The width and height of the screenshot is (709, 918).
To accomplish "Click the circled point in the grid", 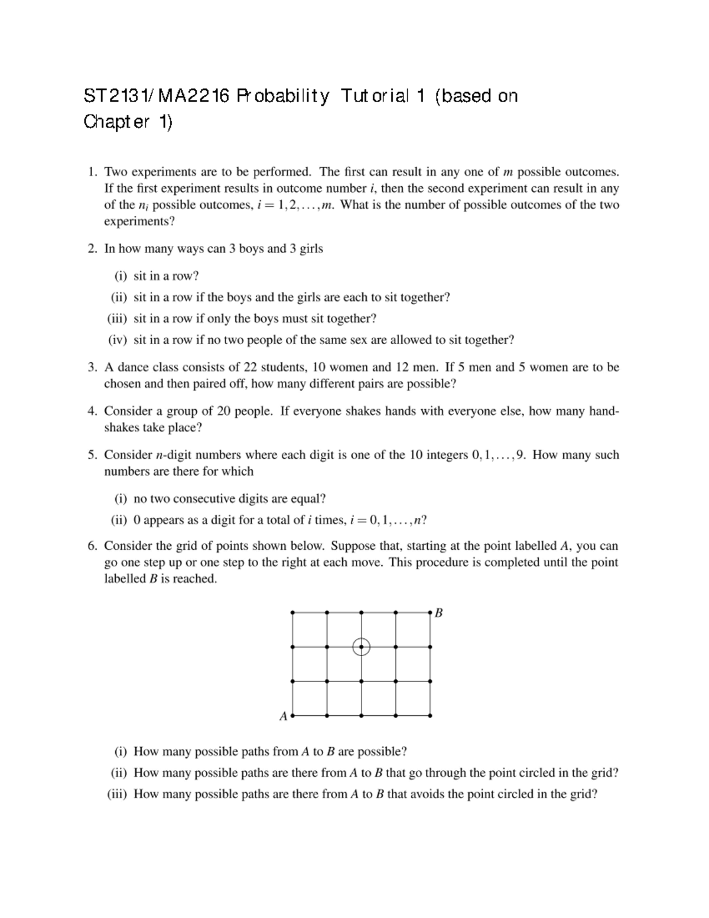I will (361, 647).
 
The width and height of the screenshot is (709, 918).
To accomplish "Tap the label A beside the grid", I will (283, 716).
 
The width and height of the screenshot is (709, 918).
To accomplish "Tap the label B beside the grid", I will (439, 613).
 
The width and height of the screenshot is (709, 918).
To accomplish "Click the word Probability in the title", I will (283, 96).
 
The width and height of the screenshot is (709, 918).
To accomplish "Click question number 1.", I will (92, 172).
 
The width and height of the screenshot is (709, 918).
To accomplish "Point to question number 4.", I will (92, 411).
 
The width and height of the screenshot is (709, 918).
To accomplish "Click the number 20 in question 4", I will (225, 411).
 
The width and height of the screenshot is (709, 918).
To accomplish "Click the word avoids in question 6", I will (405, 794).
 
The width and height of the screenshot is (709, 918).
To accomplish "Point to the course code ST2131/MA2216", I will (156, 96).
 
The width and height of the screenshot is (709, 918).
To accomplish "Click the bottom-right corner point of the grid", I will (430, 716).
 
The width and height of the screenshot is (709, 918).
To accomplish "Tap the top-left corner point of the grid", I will (292, 612).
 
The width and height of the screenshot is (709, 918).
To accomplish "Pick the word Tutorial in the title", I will (375, 96).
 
